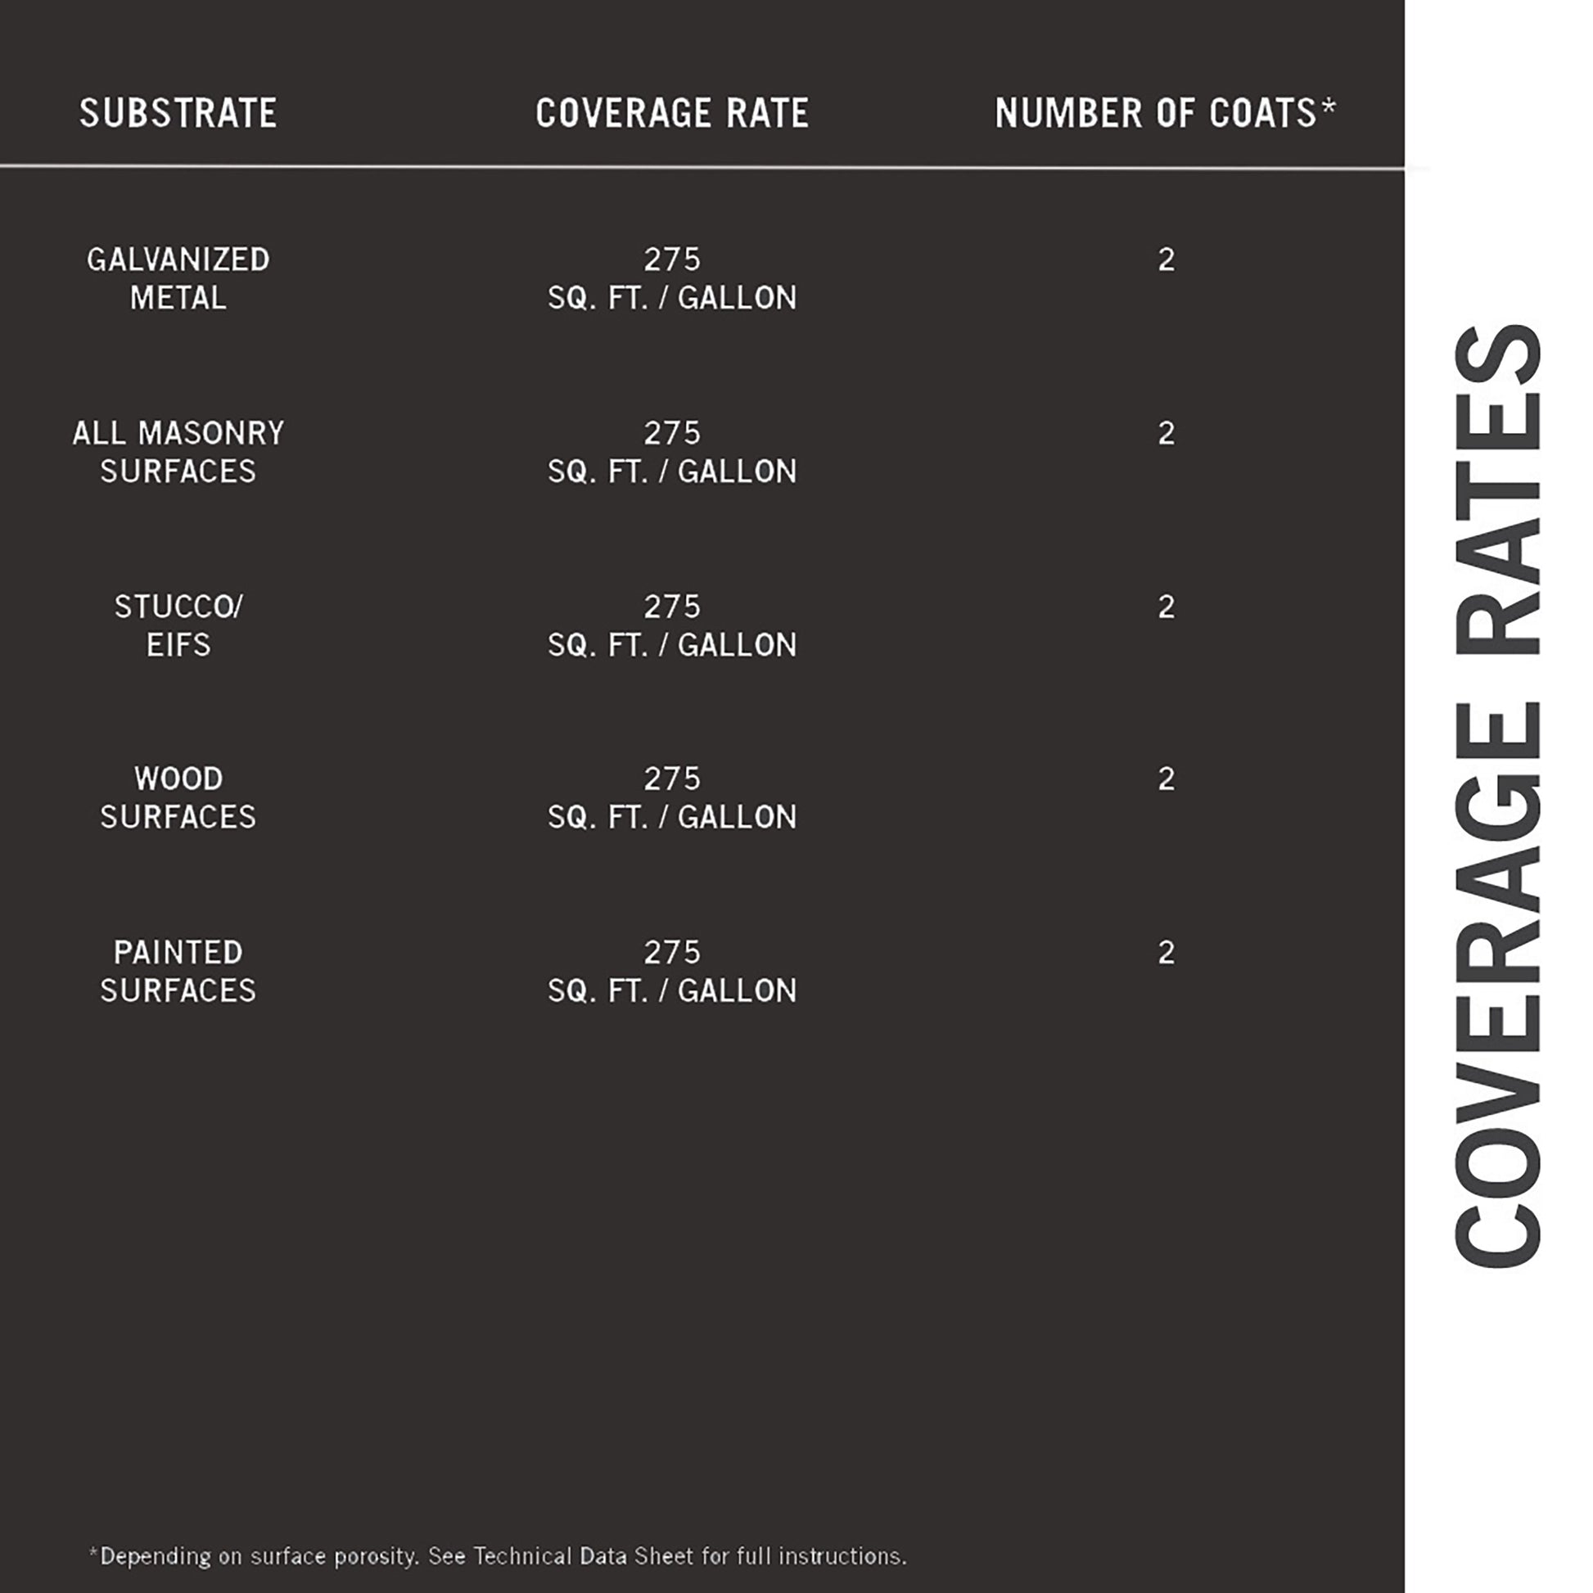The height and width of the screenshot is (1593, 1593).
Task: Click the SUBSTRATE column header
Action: [178, 113]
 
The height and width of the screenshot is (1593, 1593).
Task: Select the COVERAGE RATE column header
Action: [672, 113]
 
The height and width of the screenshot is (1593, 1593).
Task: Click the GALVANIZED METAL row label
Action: [178, 278]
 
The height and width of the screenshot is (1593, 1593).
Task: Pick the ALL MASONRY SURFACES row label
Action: [178, 452]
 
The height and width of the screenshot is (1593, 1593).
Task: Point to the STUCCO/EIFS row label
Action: [178, 625]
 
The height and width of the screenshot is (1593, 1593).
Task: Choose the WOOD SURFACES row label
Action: [178, 797]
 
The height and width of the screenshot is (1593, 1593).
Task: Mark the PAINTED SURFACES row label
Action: [178, 972]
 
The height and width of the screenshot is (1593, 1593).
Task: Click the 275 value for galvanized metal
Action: [672, 259]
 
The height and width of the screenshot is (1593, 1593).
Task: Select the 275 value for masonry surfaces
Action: [672, 433]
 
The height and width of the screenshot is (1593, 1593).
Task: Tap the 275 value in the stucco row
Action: [672, 607]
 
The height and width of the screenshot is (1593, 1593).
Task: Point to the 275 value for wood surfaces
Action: [672, 778]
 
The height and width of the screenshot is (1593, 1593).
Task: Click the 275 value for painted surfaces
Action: [672, 952]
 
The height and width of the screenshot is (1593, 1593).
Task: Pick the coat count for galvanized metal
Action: [1166, 259]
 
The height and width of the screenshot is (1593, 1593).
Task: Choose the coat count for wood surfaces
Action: [1166, 778]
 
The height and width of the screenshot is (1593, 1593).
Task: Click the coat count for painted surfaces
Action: [1166, 952]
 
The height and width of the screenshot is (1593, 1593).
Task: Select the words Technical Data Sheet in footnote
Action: [584, 1556]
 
